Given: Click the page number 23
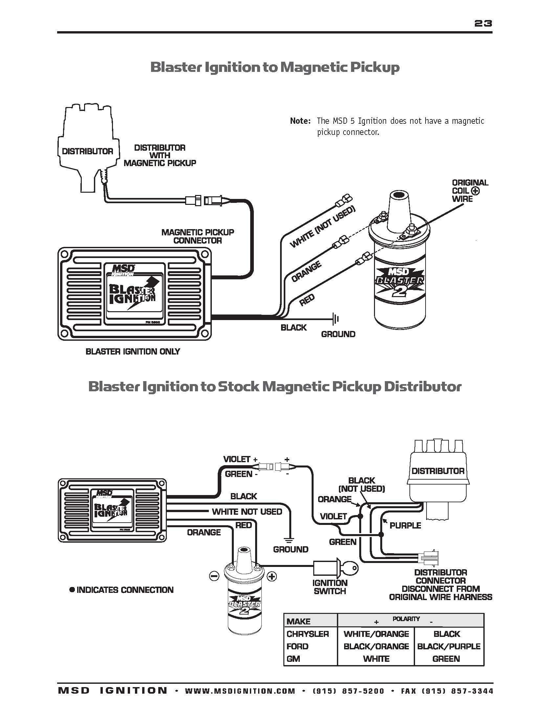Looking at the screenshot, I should point(483,23).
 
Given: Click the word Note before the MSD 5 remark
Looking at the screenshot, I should point(300,121).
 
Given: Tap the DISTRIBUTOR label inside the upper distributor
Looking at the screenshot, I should point(87,151).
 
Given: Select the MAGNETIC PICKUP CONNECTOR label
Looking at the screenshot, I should point(198,236).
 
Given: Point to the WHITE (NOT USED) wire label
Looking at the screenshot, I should point(322,227).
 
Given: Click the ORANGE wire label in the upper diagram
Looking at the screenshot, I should point(307,272).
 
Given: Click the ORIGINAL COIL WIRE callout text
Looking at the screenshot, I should point(470,191).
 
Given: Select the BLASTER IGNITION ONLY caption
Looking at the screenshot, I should point(133,352).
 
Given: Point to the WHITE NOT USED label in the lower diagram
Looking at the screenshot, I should point(247,512).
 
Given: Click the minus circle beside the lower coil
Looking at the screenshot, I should point(214,576).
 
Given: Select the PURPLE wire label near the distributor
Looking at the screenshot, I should point(405,526).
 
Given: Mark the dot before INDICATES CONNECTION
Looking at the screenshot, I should point(72,590).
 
